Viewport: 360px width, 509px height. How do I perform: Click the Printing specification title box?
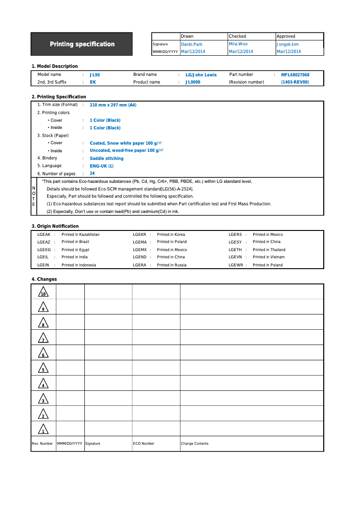(82, 44)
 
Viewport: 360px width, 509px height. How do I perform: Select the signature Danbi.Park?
(192, 44)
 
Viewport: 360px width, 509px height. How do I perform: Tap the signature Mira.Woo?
(238, 44)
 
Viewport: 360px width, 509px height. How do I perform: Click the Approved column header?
(286, 36)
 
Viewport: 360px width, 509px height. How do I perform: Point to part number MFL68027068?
(295, 75)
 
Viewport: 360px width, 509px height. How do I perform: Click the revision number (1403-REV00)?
(295, 82)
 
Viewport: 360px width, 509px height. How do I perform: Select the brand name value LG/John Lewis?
(201, 75)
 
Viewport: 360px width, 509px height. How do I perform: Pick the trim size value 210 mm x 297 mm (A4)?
(113, 105)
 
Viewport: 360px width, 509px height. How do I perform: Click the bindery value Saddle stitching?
(106, 159)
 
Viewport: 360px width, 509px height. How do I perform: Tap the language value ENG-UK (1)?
(101, 166)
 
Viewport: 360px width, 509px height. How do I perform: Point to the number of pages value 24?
(92, 173)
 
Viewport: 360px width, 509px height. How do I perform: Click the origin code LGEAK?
(44, 235)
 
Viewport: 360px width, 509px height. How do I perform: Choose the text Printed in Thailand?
(269, 250)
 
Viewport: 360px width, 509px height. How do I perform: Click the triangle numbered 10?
(43, 292)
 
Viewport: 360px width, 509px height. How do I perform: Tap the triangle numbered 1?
(43, 429)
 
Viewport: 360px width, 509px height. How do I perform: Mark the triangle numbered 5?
(43, 368)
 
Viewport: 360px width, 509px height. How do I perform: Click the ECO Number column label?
(144, 444)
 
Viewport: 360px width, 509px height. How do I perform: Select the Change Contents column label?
(195, 444)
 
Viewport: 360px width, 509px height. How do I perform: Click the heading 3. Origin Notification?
(55, 226)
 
